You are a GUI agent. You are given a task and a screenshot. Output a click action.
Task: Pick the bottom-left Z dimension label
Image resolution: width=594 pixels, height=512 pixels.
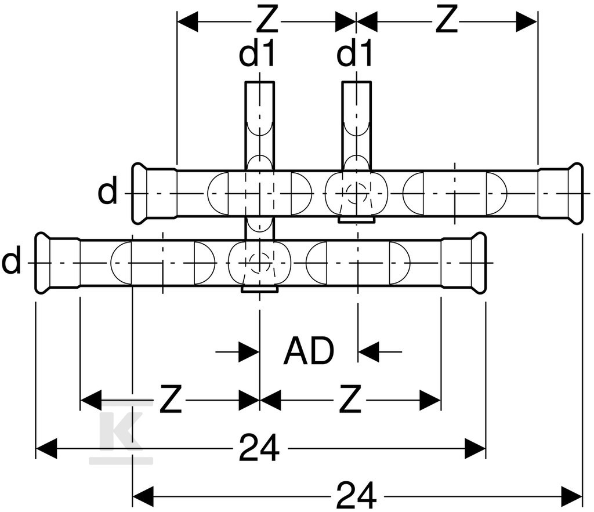171,399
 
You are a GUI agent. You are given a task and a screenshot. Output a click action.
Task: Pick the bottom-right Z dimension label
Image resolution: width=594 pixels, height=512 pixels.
350,399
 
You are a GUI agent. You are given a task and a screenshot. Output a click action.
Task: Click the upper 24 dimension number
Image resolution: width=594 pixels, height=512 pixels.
259,448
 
